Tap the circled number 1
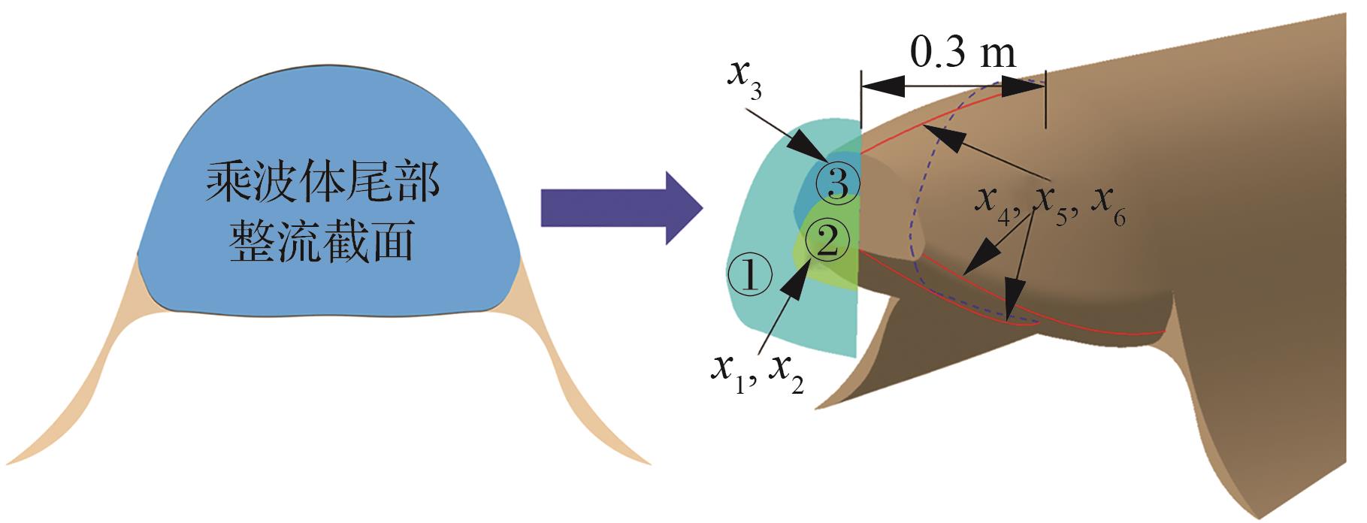[x=749, y=276]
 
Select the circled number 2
[x=827, y=242]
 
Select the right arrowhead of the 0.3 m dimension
[x=1022, y=85]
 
